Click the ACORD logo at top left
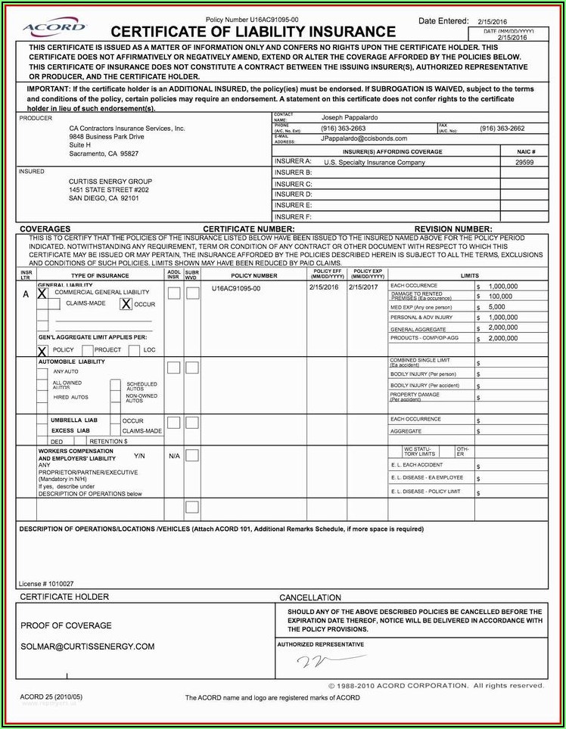pyautogui.click(x=54, y=28)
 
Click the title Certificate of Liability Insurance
pyautogui.click(x=253, y=32)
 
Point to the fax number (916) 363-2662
pyautogui.click(x=502, y=129)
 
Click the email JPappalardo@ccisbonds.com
pyautogui.click(x=363, y=138)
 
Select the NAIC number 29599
pyautogui.click(x=524, y=162)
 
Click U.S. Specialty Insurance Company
pyautogui.click(x=375, y=162)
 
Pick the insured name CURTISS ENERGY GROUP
pyautogui.click(x=110, y=181)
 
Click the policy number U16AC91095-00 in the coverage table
pyautogui.click(x=236, y=288)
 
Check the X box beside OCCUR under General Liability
pyautogui.click(x=126, y=304)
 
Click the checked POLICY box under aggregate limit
pyautogui.click(x=42, y=351)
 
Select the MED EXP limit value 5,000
pyautogui.click(x=496, y=308)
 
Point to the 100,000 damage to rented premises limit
pyautogui.click(x=500, y=296)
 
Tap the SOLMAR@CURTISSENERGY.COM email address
pyautogui.click(x=87, y=647)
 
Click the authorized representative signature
pyautogui.click(x=311, y=662)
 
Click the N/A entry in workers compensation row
pyautogui.click(x=174, y=456)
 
